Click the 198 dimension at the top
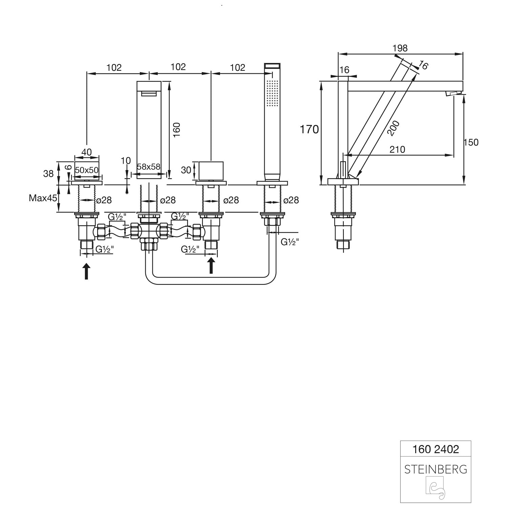pos(400,48)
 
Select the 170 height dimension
pos(309,129)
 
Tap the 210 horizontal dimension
pos(397,149)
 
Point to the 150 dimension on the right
pos(471,142)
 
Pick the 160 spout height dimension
pos(176,130)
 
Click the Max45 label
pos(43,198)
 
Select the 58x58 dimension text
pos(148,167)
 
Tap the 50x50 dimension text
pos(87,170)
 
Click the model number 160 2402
pos(436,449)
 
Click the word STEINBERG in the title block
pos(436,469)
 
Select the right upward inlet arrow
pos(211,265)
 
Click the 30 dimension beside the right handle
pos(186,170)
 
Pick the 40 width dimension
pos(87,152)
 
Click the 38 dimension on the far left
pos(48,173)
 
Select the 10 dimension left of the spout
pos(126,161)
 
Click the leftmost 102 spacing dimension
pos(114,67)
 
